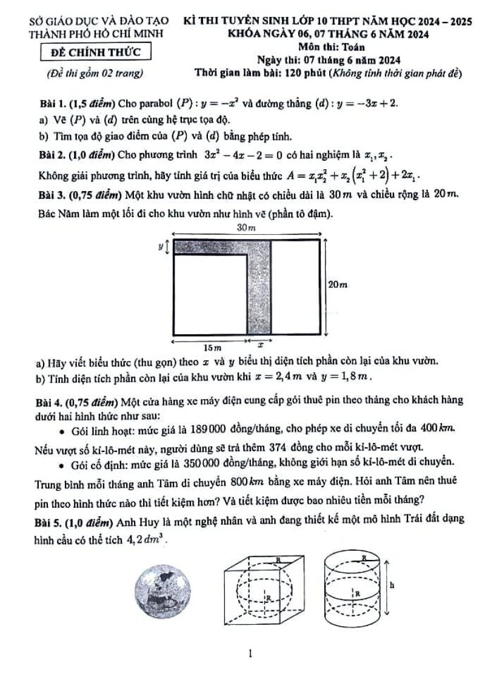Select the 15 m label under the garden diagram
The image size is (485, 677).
(212, 348)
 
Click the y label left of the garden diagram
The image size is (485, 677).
(161, 246)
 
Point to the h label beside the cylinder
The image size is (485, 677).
(392, 585)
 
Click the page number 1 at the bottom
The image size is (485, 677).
(249, 654)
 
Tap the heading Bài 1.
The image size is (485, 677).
(52, 104)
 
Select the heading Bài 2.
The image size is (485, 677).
(52, 156)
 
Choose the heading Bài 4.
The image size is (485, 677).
(52, 401)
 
